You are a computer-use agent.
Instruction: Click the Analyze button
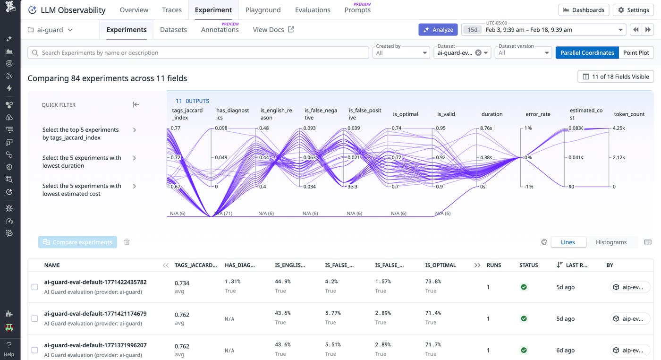[x=438, y=30]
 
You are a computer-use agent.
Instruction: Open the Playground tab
[x=263, y=10]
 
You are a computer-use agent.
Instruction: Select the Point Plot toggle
[x=636, y=53]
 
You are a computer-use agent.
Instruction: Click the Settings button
[x=633, y=10]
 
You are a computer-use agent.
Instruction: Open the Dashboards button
[x=583, y=10]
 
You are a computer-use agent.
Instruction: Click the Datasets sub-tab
[x=173, y=30]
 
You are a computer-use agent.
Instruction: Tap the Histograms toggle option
[x=611, y=242]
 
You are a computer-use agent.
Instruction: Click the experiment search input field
[x=198, y=53]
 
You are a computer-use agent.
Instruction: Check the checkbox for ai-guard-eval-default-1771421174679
[x=34, y=319]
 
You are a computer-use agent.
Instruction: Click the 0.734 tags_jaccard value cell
[x=182, y=283]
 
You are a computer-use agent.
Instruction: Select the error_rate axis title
[x=537, y=114]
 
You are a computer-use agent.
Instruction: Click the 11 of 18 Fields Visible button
[x=615, y=77]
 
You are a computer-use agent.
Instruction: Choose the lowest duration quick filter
[x=82, y=162]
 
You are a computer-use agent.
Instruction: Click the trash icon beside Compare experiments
[x=127, y=242]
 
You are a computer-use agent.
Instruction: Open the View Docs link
[x=273, y=30]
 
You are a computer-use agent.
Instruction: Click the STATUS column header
[x=528, y=266]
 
